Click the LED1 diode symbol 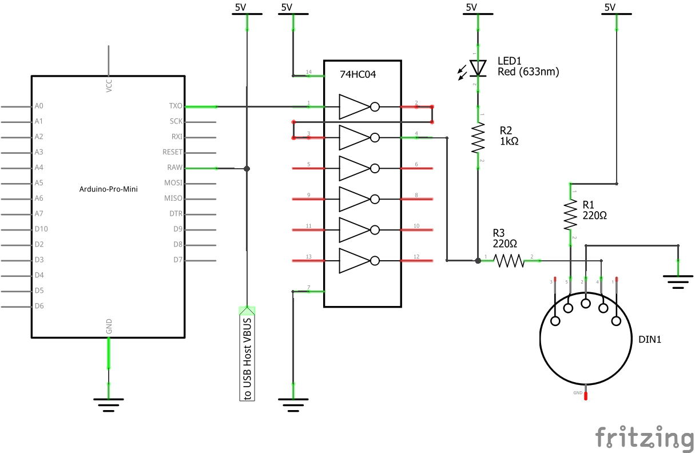[478, 68]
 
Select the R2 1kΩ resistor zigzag [478, 138]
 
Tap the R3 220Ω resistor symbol [509, 261]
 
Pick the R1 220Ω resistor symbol [570, 213]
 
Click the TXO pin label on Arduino [176, 106]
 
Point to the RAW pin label [174, 168]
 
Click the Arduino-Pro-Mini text [108, 189]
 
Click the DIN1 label [650, 339]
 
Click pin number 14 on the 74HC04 [309, 72]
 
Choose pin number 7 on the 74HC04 [309, 288]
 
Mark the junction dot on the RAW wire [247, 168]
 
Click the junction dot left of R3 [478, 261]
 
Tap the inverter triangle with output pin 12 [355, 261]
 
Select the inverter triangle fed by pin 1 [355, 106]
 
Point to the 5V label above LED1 [471, 7]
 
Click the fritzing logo [644, 438]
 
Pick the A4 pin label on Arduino [39, 168]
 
